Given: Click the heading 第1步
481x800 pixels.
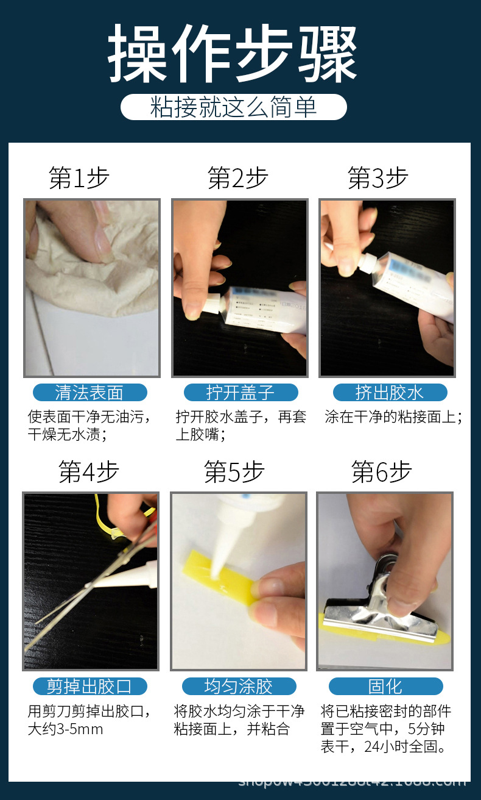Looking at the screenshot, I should pos(79,178).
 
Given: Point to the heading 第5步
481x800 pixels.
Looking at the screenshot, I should pos(234,472).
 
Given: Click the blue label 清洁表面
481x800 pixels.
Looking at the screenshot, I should pos(90,392).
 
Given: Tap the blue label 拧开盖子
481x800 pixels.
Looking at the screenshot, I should pos(240,392).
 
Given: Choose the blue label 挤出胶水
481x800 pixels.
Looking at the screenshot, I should pos(390,392).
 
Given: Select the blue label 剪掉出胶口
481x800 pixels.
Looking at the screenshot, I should pos(90,686).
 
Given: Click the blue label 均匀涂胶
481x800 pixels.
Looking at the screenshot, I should pos(239,686).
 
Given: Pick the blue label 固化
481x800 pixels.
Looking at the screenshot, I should pos(385,686).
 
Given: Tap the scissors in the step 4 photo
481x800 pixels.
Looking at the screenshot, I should pos(91,585).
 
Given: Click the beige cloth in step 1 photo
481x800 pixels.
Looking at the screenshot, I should pos(85,268).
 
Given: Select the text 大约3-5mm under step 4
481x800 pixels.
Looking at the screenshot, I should pos(65,729).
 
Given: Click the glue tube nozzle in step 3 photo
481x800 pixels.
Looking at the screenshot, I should pos(368,263).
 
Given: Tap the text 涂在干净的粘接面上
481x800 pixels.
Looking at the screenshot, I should pos(393,417).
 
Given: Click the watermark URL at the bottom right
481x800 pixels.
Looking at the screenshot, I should pos(353,781).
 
